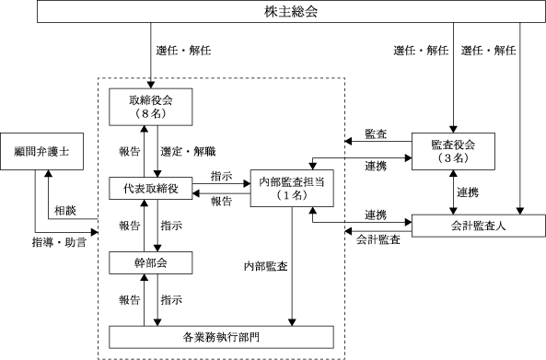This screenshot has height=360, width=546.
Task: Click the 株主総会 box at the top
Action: click(291, 11)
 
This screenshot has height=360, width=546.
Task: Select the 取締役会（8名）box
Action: click(151, 107)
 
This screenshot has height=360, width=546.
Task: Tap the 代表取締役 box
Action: click(151, 189)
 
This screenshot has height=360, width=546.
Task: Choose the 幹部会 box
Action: click(151, 262)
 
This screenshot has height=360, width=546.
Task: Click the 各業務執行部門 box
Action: click(222, 337)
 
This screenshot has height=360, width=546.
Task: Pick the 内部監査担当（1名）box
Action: click(292, 189)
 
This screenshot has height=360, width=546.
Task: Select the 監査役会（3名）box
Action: click(453, 151)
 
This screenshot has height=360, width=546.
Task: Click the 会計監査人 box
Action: click(479, 226)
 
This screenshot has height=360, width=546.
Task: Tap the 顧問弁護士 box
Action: click(41, 151)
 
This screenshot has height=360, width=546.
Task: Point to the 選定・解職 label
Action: click(188, 151)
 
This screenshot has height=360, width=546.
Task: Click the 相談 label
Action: click(65, 211)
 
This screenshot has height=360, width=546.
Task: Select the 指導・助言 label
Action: click(59, 242)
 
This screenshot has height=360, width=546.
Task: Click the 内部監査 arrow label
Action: click(266, 266)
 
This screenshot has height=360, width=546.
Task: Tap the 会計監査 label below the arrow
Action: click(378, 239)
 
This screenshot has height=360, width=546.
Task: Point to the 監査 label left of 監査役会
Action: click(376, 134)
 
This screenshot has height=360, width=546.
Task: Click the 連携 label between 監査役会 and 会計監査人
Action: click(468, 192)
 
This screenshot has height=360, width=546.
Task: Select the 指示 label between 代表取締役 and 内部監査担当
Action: click(222, 176)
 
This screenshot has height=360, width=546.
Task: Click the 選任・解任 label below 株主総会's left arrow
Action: click(183, 51)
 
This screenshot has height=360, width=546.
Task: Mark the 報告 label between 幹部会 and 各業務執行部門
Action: click(130, 300)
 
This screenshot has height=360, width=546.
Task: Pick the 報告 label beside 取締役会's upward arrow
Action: click(130, 151)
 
